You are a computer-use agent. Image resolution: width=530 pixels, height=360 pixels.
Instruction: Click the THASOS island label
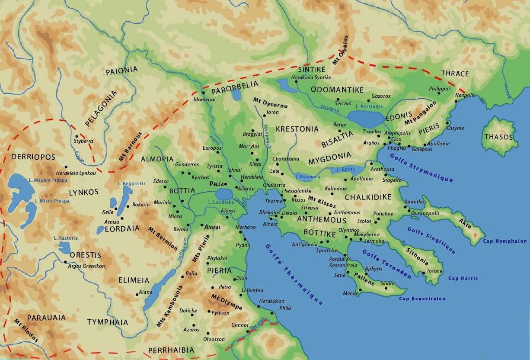[x=498, y=137]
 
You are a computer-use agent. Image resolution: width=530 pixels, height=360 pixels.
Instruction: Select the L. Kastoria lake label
[x=66, y=238]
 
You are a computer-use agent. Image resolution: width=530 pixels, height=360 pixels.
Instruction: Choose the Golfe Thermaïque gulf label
[x=294, y=274]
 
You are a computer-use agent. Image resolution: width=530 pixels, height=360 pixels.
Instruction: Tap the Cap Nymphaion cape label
[x=505, y=241]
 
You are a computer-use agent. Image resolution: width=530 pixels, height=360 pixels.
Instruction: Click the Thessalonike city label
[x=296, y=190]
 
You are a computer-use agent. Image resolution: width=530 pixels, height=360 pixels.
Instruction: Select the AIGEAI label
[x=213, y=226]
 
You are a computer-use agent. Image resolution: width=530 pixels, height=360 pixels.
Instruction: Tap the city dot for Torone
[x=423, y=273]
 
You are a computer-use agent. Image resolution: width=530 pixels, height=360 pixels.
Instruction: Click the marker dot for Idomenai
[x=203, y=93]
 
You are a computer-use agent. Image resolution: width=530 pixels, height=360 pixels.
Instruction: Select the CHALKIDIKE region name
[x=368, y=197]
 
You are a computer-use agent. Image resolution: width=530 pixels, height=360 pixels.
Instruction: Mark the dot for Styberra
[x=77, y=136]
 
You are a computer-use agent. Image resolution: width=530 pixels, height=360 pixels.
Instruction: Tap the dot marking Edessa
[x=164, y=187]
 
